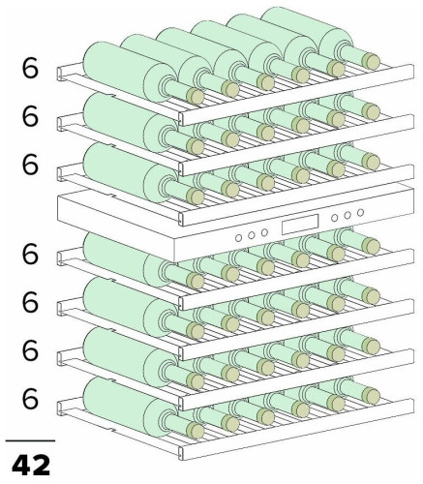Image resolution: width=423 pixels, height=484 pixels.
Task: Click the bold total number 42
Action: coord(31,465)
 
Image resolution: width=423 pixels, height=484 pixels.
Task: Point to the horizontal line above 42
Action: coord(30,440)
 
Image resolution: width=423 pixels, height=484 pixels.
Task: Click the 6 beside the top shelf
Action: coord(30,68)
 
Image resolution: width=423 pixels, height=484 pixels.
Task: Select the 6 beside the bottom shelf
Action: coord(30,399)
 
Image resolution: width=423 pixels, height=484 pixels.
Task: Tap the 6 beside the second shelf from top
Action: coord(30,116)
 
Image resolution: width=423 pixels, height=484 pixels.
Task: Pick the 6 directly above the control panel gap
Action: coord(30,165)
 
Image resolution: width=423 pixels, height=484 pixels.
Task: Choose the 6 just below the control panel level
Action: coord(30,254)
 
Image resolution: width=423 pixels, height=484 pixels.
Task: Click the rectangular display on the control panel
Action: coord(300,224)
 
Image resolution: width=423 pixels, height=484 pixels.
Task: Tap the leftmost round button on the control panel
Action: coord(239,238)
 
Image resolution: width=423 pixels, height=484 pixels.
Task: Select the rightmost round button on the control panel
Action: coord(361,212)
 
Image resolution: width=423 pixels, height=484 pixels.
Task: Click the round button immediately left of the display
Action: coord(264,232)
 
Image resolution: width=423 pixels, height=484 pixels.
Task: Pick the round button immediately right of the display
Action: coord(335,218)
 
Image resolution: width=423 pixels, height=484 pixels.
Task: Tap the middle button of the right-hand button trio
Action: coord(347,215)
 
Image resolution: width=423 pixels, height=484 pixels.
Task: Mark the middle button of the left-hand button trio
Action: coord(252,235)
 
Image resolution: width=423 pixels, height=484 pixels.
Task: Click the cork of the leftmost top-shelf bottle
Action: coord(196,96)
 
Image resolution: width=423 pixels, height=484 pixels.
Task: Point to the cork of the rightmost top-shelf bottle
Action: coord(371,61)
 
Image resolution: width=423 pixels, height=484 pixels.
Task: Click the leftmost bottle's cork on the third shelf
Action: coord(196,197)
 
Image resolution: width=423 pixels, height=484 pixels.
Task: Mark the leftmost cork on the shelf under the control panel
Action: coord(196,281)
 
